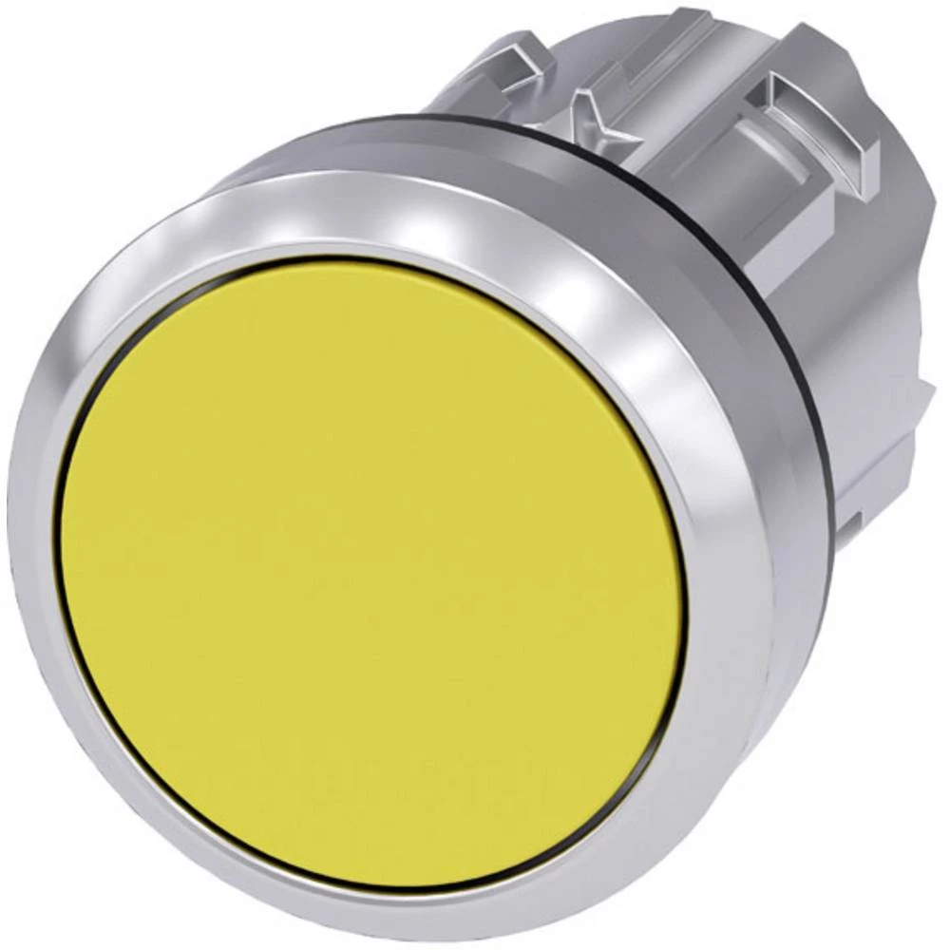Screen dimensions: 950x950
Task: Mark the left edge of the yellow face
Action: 63,570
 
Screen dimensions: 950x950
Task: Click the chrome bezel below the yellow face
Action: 370,912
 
